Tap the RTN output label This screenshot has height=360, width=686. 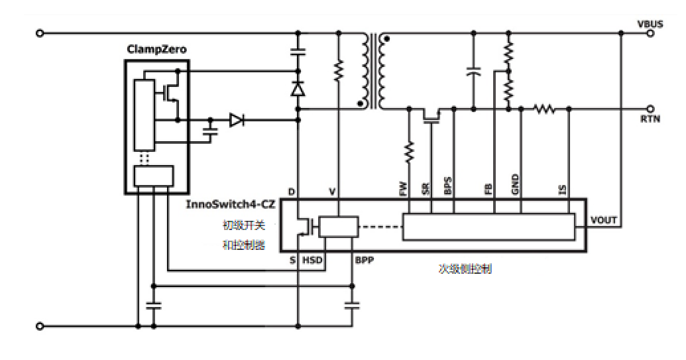(x=650, y=120)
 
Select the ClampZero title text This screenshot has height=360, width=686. (x=156, y=50)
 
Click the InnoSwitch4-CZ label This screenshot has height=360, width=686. (x=230, y=204)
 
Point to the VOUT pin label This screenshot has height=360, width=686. (x=603, y=220)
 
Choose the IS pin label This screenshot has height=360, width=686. (x=562, y=189)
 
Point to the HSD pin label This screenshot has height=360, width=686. (x=312, y=260)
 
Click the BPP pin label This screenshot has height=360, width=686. (x=364, y=260)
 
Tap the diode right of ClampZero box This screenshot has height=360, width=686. (x=236, y=120)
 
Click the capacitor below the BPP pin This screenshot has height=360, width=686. (x=352, y=305)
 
